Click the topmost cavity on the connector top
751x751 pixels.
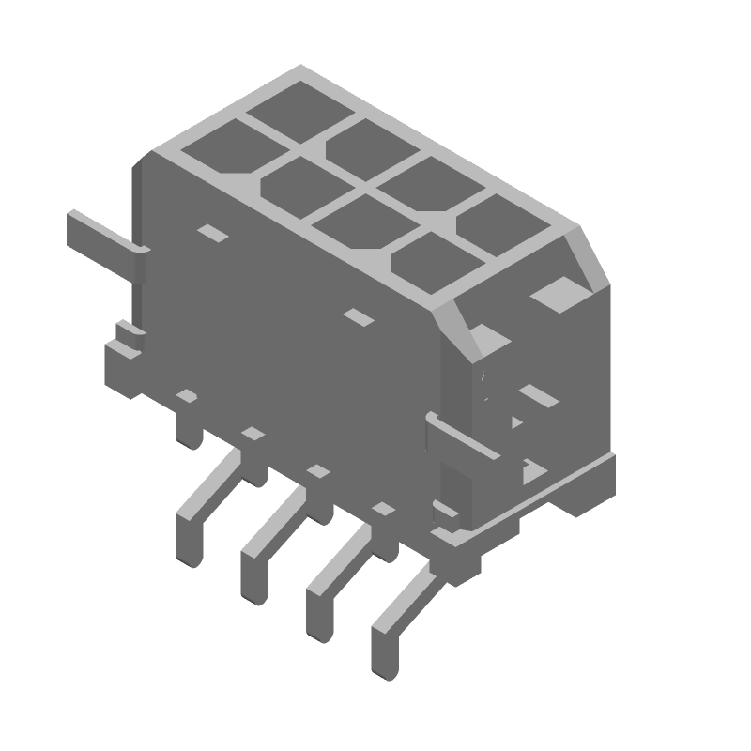299,102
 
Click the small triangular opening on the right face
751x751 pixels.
515,423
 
